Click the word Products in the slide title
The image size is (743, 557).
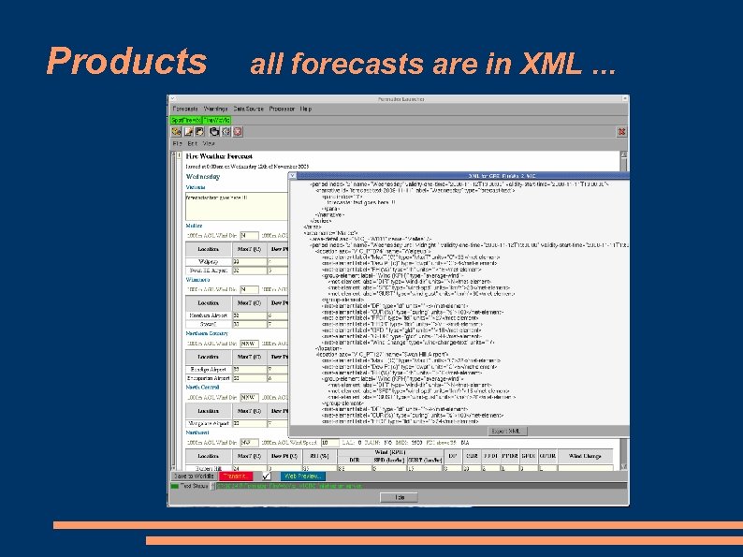tap(127, 62)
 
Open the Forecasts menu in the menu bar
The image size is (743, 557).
tap(184, 110)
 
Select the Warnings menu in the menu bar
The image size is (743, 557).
tap(216, 110)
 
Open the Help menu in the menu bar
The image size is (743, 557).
tap(305, 110)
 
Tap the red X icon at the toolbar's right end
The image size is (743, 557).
tap(621, 132)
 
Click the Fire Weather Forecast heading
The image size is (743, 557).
tap(218, 155)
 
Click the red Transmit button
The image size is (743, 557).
tap(238, 476)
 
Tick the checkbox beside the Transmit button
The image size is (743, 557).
tap(266, 476)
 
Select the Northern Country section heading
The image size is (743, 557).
tap(207, 333)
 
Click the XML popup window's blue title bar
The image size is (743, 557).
tap(459, 176)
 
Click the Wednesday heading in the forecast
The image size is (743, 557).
tap(203, 175)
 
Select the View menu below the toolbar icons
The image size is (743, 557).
tap(208, 143)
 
